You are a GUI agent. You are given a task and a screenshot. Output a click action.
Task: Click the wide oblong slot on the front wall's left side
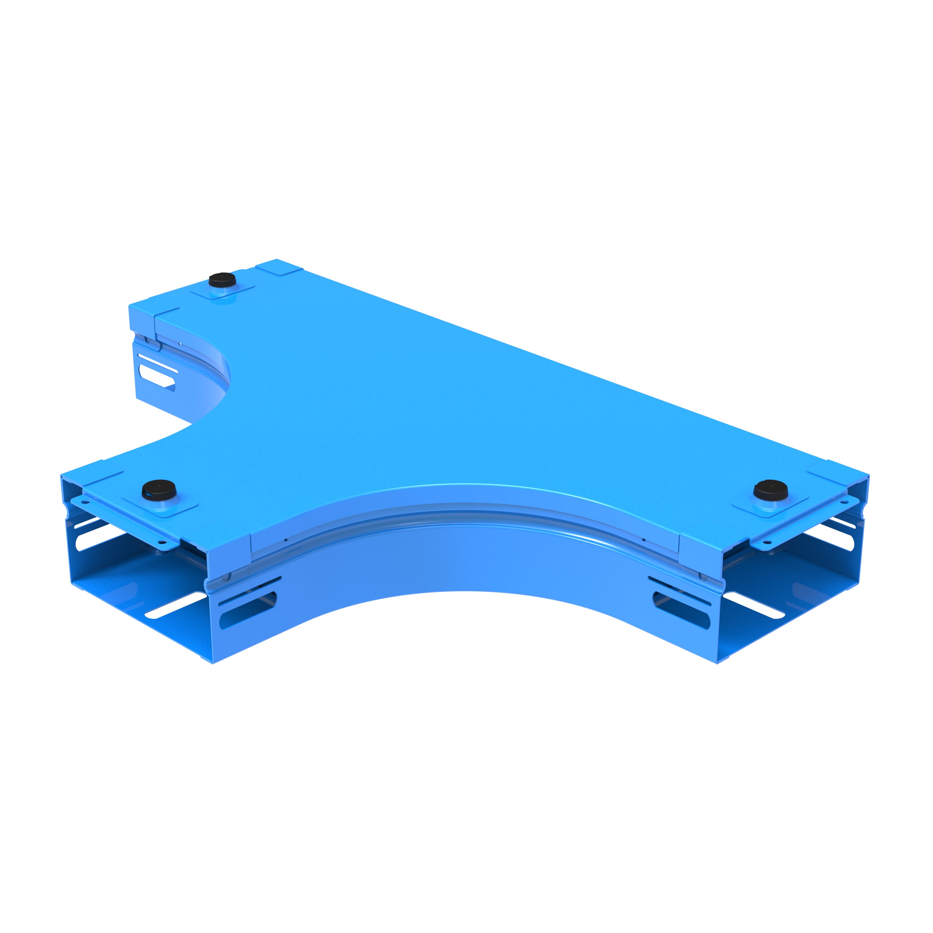click(248, 610)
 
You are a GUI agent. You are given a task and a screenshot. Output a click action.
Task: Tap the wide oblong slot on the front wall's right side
click(681, 610)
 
